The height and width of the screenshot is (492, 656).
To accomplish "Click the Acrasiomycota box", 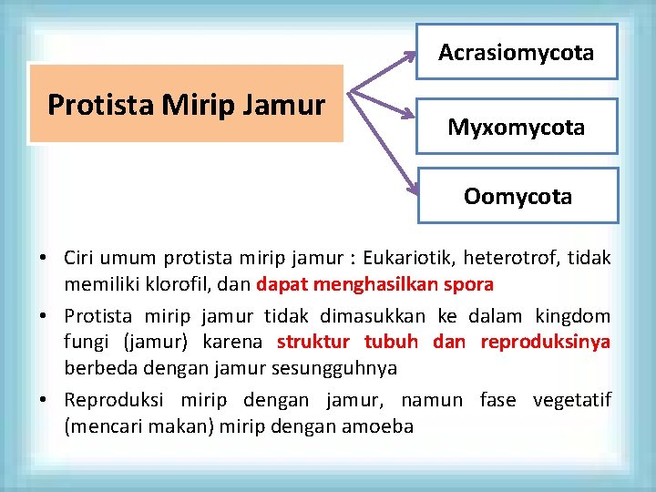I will tap(517, 52).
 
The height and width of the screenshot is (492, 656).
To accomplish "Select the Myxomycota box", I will tap(517, 127).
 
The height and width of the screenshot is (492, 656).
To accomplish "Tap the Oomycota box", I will tap(518, 196).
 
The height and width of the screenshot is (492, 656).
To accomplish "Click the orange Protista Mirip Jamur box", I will tap(186, 105).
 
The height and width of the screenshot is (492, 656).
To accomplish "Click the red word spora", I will tap(469, 284).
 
